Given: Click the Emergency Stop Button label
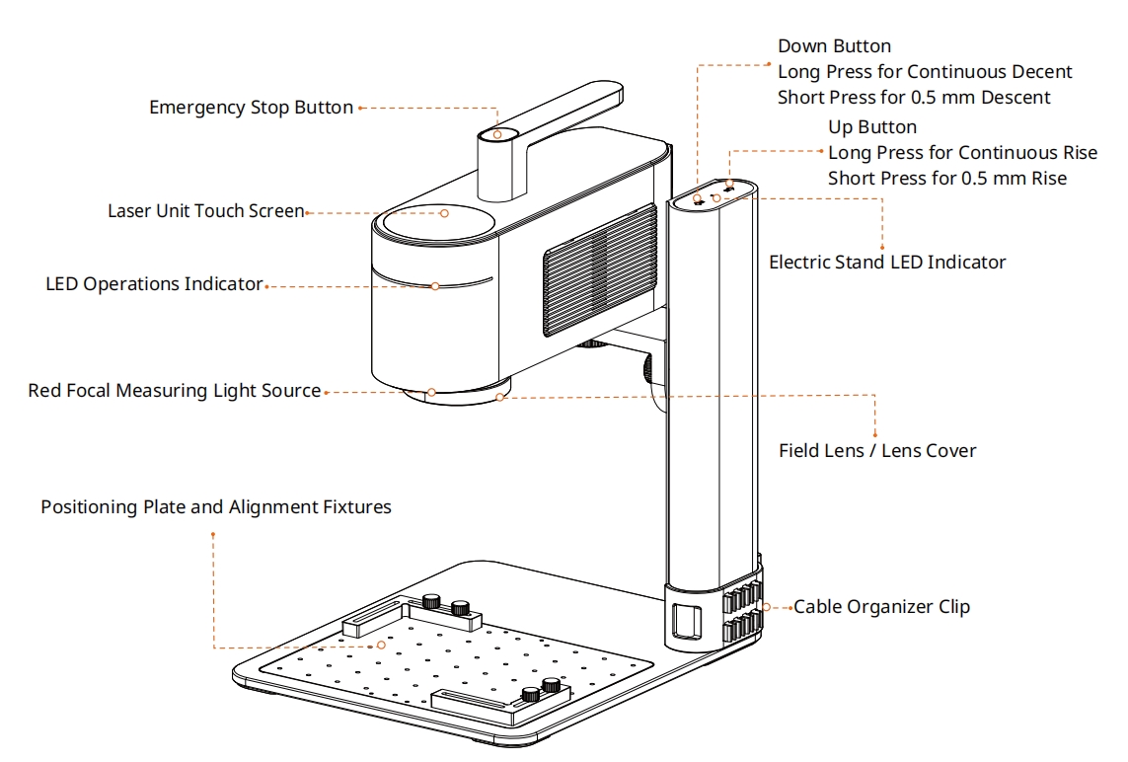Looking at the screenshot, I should [251, 108].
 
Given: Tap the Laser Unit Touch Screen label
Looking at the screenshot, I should [205, 211].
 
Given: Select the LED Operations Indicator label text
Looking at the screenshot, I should [154, 284].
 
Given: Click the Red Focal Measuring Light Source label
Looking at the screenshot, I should [174, 391].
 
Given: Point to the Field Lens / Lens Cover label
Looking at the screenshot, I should [877, 451].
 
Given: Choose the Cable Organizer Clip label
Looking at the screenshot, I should [881, 606].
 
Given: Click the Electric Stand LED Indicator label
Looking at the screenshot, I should [887, 263].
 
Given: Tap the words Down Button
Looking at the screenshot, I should [834, 46].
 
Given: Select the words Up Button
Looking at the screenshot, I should [871, 127].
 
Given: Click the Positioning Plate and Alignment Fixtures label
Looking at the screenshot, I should [215, 507].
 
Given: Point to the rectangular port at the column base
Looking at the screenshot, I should [686, 621].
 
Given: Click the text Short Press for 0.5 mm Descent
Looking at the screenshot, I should [914, 98].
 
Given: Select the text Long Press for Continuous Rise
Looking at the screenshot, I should [962, 153].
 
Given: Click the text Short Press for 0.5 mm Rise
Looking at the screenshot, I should [946, 179].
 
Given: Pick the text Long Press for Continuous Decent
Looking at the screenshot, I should [925, 72].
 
